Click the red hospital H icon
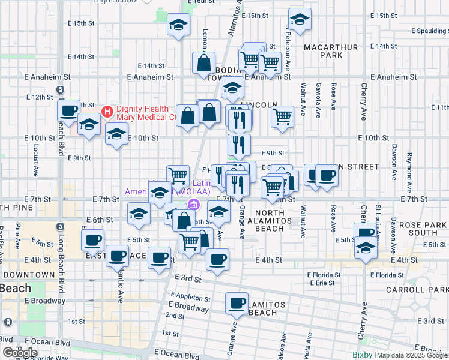tap(107, 112)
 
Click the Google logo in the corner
tap(20, 352)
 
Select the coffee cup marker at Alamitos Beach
tap(237, 303)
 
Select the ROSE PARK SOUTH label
tap(417, 228)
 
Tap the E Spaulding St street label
tap(429, 31)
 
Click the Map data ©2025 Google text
tap(412, 355)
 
